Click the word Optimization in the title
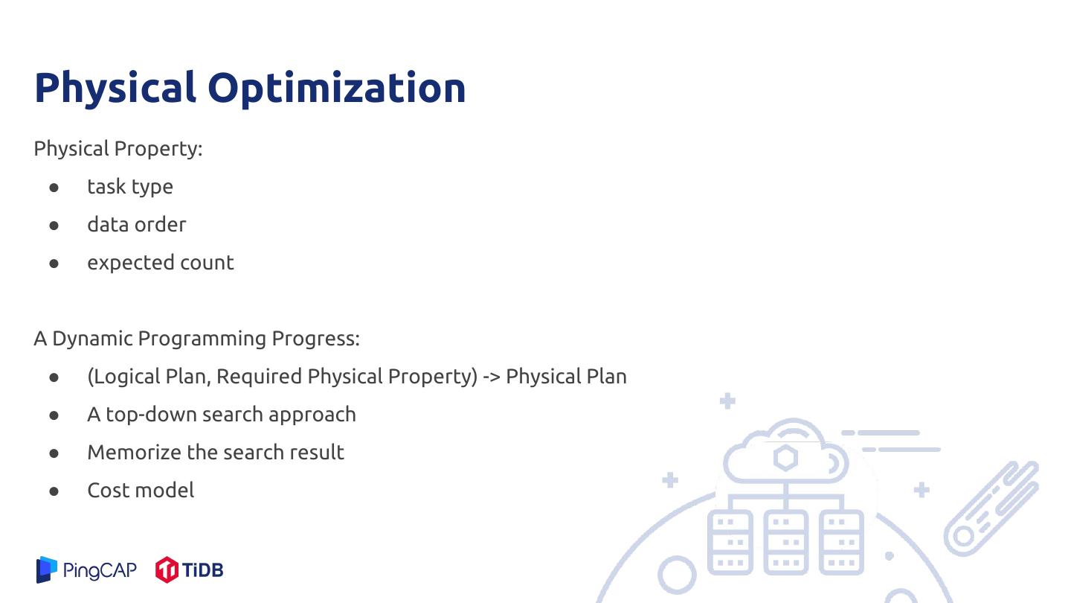(337, 88)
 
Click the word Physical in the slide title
(115, 88)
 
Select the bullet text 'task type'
(130, 187)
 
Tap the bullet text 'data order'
(137, 225)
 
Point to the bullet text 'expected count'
(161, 263)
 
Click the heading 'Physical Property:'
(118, 149)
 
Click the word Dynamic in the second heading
(92, 338)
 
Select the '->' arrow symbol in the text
(492, 377)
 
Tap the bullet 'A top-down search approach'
(222, 415)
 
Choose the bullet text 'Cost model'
(141, 490)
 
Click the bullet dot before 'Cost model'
(54, 491)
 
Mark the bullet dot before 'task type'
(54, 188)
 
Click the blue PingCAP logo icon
(47, 569)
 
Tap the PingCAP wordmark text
(100, 570)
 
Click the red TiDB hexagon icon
(167, 569)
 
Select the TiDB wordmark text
(203, 570)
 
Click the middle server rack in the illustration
(785, 542)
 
